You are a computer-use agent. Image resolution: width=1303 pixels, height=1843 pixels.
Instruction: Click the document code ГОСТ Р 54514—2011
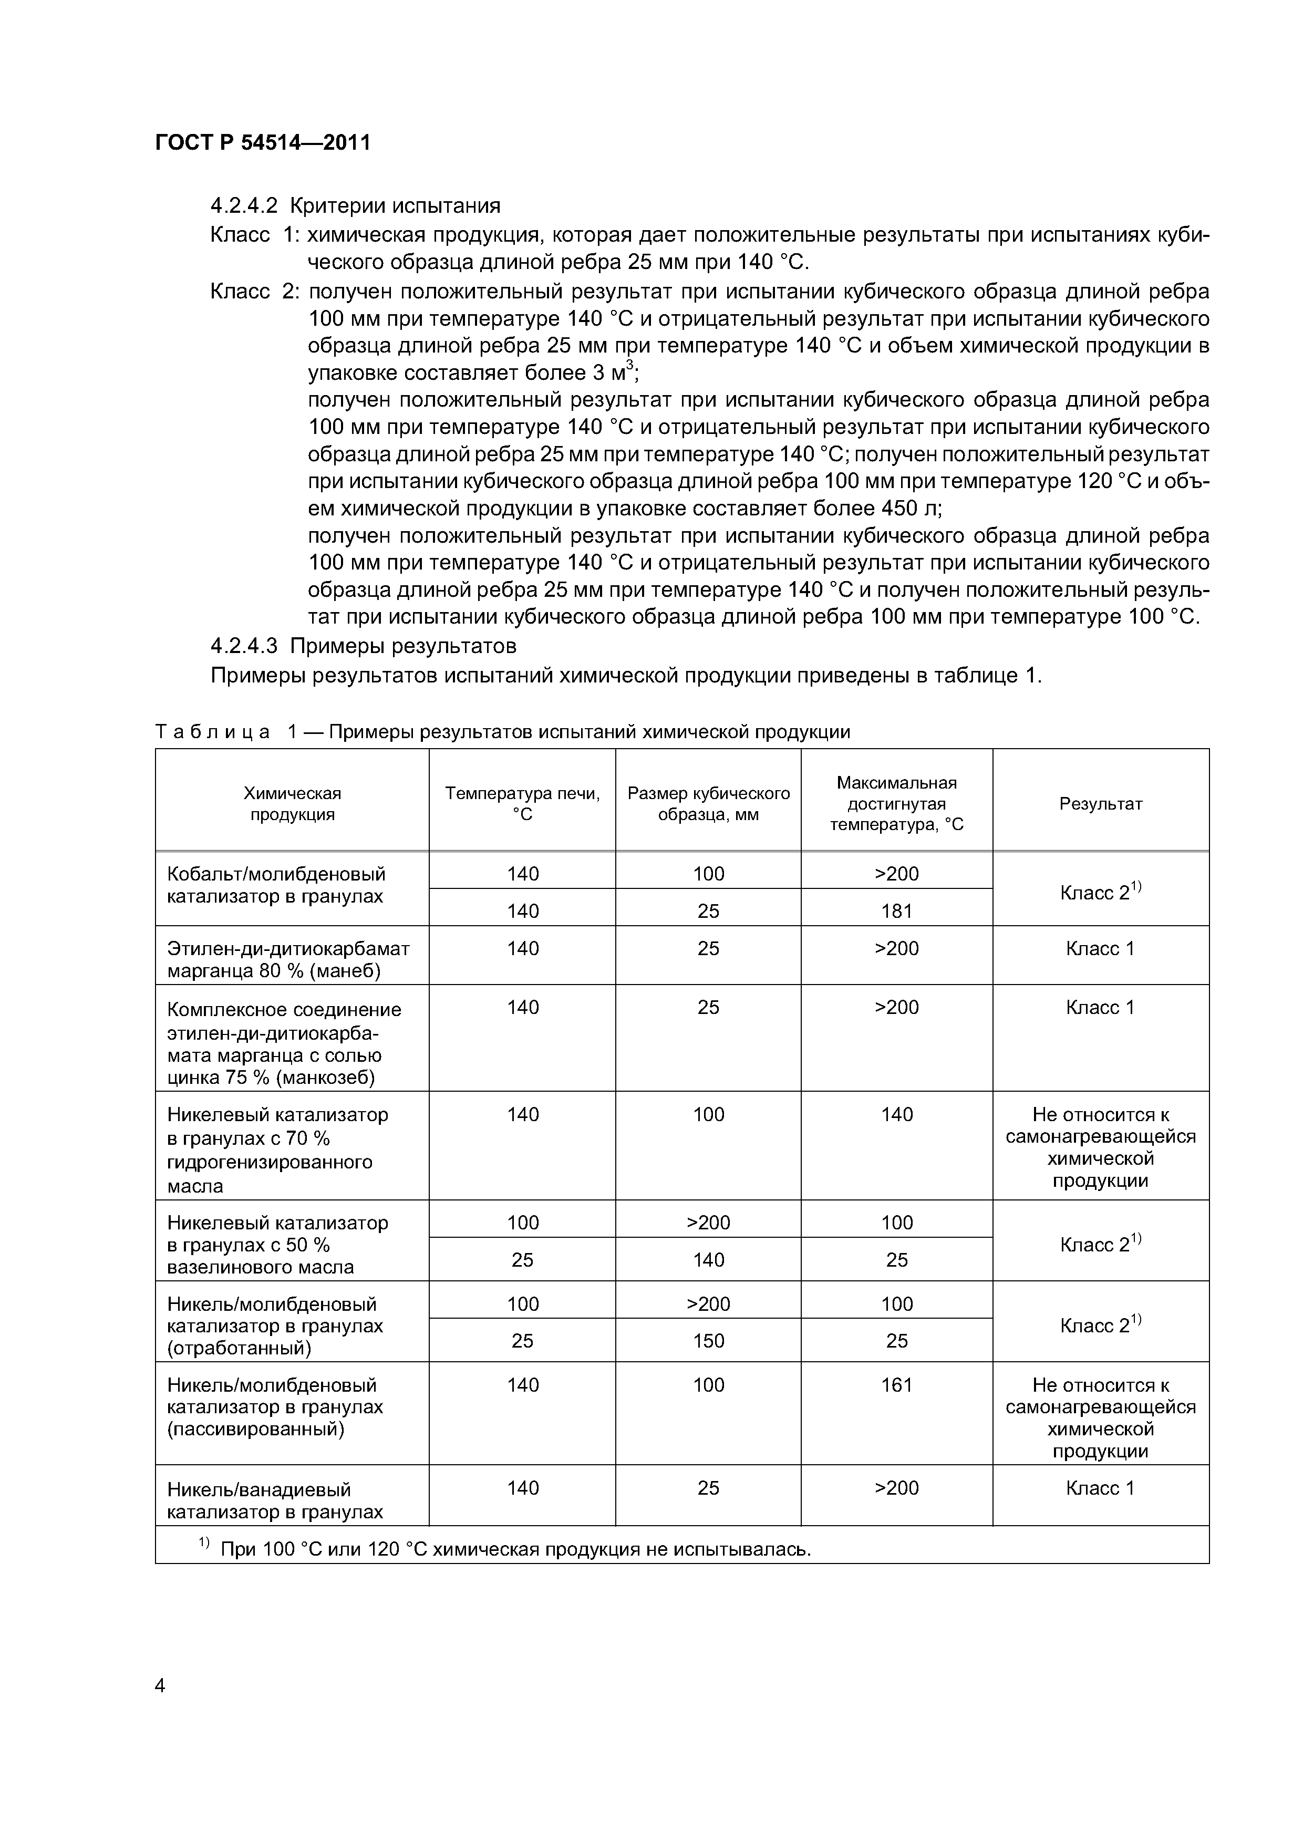(x=263, y=143)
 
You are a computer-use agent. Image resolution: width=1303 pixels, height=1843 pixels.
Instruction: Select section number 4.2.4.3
(x=243, y=645)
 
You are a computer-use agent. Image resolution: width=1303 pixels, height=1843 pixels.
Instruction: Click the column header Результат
(x=1100, y=803)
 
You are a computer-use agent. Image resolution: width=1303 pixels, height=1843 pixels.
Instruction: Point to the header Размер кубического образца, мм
(x=708, y=803)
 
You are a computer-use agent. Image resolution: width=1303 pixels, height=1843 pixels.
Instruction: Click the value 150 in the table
(x=708, y=1341)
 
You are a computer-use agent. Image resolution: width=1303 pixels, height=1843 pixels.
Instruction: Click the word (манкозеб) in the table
(x=325, y=1077)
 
